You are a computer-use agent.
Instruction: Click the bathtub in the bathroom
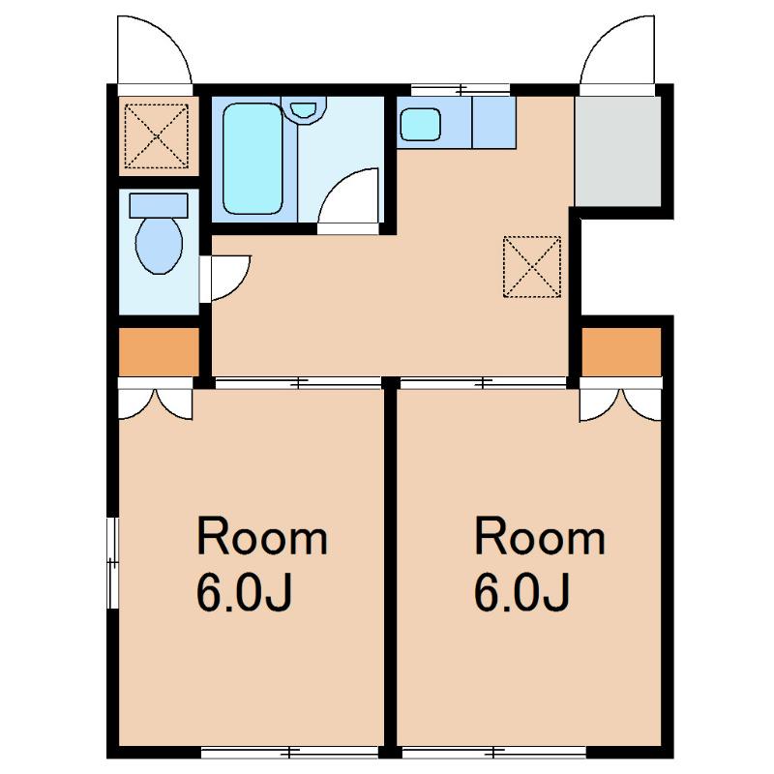point(253,159)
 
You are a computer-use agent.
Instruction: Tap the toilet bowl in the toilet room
point(159,246)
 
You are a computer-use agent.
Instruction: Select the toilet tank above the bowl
point(159,205)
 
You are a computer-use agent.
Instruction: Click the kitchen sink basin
point(420,125)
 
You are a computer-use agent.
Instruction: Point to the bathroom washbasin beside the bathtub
point(303,108)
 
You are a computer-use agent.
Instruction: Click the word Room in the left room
point(261,538)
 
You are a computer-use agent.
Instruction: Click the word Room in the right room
point(540,538)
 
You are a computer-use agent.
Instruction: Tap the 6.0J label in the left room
point(245,591)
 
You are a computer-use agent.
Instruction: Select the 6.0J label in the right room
point(522,591)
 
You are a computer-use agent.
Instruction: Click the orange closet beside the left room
point(159,352)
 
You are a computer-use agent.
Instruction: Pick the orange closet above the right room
point(621,352)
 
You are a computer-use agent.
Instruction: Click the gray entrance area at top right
point(617,152)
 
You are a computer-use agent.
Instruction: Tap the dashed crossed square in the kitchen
point(532,267)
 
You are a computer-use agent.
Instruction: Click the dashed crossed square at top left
point(157,135)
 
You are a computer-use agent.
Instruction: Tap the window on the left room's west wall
point(113,562)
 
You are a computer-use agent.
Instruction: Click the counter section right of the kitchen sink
point(494,123)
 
